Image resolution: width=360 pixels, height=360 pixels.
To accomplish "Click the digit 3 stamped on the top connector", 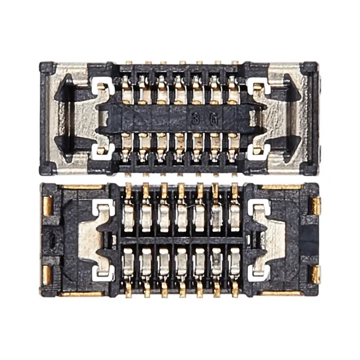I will [x=195, y=120].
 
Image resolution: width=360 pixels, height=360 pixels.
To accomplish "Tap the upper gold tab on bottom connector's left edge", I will [x=47, y=205].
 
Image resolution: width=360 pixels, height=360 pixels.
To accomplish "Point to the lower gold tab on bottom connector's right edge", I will [x=316, y=273].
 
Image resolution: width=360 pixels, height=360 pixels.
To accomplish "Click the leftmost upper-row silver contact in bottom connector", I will [x=128, y=215].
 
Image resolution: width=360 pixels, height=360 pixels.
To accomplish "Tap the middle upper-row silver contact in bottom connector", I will [x=181, y=215].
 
